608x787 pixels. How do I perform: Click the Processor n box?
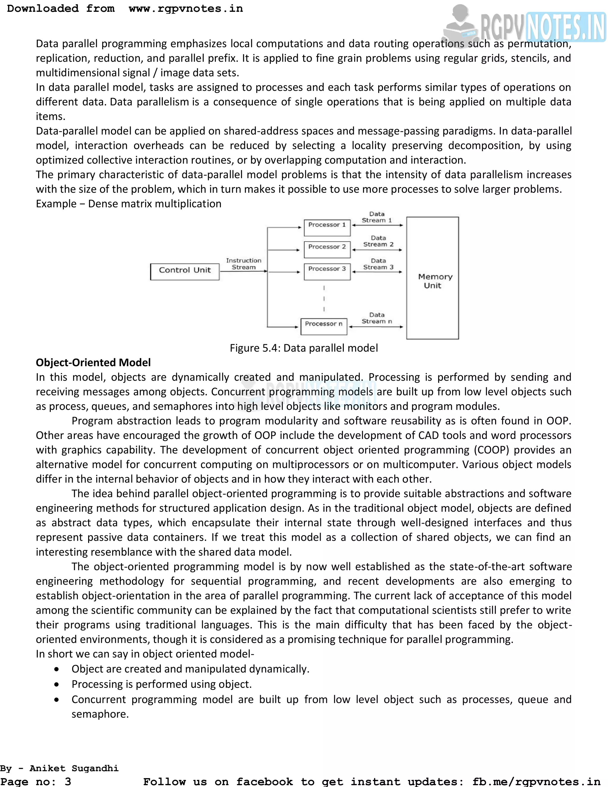coord(324,326)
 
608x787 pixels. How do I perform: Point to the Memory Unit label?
coord(435,281)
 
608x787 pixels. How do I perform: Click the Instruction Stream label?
coord(243,264)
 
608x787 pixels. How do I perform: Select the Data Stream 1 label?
coord(377,217)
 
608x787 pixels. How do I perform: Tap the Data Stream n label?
coord(377,318)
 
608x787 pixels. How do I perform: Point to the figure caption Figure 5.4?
coord(304,348)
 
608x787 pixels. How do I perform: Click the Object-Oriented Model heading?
coord(93,363)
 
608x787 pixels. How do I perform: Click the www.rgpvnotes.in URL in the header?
coord(186,9)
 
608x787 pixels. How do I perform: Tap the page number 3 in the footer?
coord(68,781)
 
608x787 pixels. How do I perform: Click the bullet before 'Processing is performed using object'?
coord(56,684)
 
